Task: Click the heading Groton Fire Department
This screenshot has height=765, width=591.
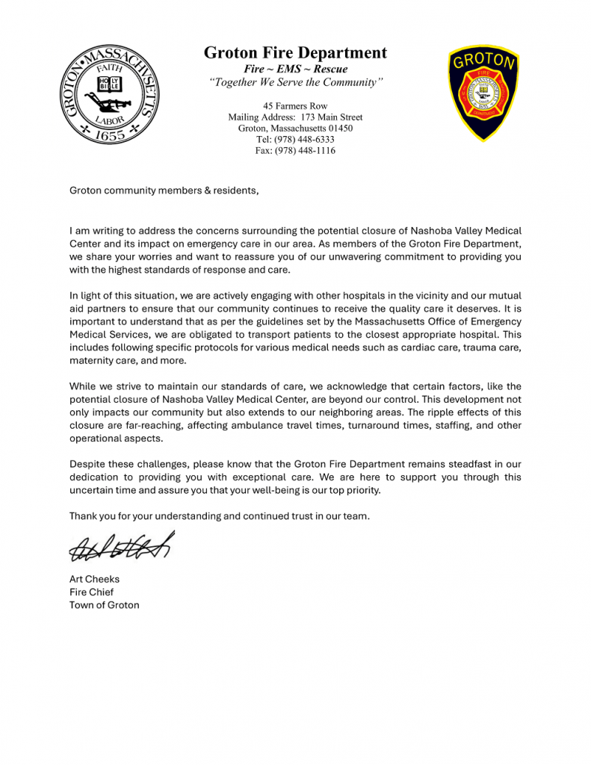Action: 295,53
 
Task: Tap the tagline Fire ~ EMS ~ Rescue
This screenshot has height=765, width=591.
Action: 295,69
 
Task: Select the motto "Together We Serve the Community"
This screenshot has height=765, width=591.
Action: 295,83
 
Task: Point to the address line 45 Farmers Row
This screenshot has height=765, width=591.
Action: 295,106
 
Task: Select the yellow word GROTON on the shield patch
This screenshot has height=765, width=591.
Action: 483,62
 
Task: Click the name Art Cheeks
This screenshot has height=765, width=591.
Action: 94,579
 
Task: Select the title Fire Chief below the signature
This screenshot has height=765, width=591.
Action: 91,592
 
